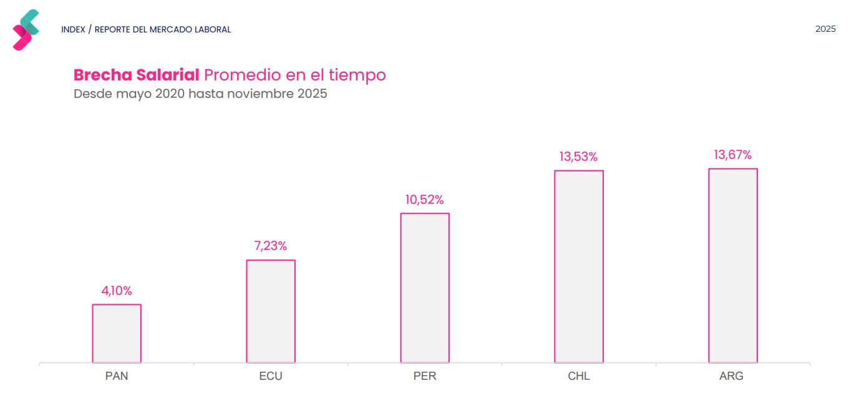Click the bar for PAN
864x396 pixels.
coord(117,333)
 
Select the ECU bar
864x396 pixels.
coord(271,311)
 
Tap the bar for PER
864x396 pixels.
coord(425,287)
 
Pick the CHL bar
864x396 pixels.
coord(579,266)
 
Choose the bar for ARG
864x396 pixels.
coord(733,265)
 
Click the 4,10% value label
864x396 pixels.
coord(117,291)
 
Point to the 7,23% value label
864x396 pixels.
coord(271,246)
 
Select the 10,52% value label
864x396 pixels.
coord(425,200)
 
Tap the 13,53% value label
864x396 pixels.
coord(578,157)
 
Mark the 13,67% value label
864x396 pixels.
coord(733,155)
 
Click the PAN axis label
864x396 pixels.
coord(117,376)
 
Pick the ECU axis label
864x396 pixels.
coord(271,376)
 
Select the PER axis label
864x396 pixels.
coord(425,376)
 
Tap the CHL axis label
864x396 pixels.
coord(579,376)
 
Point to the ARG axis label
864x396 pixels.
coord(731,376)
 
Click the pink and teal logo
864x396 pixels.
coord(26,30)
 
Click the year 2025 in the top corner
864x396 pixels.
coord(825,29)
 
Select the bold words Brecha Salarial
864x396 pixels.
coord(136,75)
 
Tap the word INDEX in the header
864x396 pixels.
coord(73,29)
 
